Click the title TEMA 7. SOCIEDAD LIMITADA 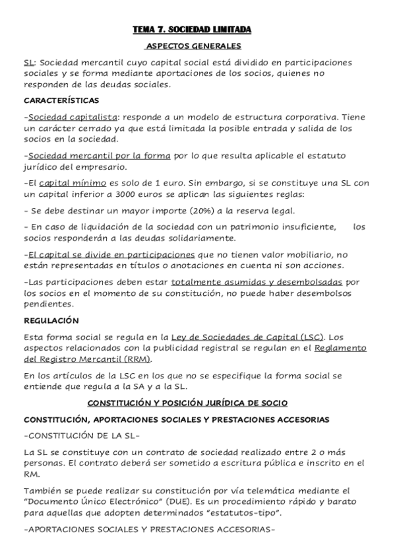click(193, 30)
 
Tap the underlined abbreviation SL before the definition click(28, 63)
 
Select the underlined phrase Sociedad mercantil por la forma click(99, 156)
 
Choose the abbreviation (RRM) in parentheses click(138, 360)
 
